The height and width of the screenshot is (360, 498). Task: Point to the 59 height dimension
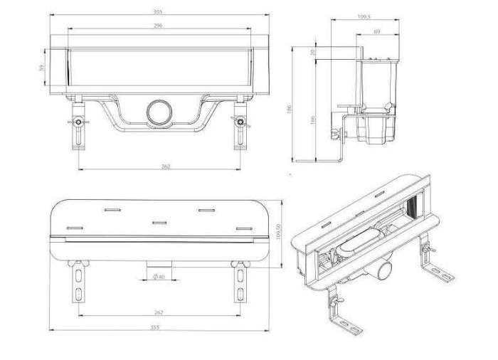[41, 68]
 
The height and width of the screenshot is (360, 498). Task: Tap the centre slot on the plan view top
[159, 222]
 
